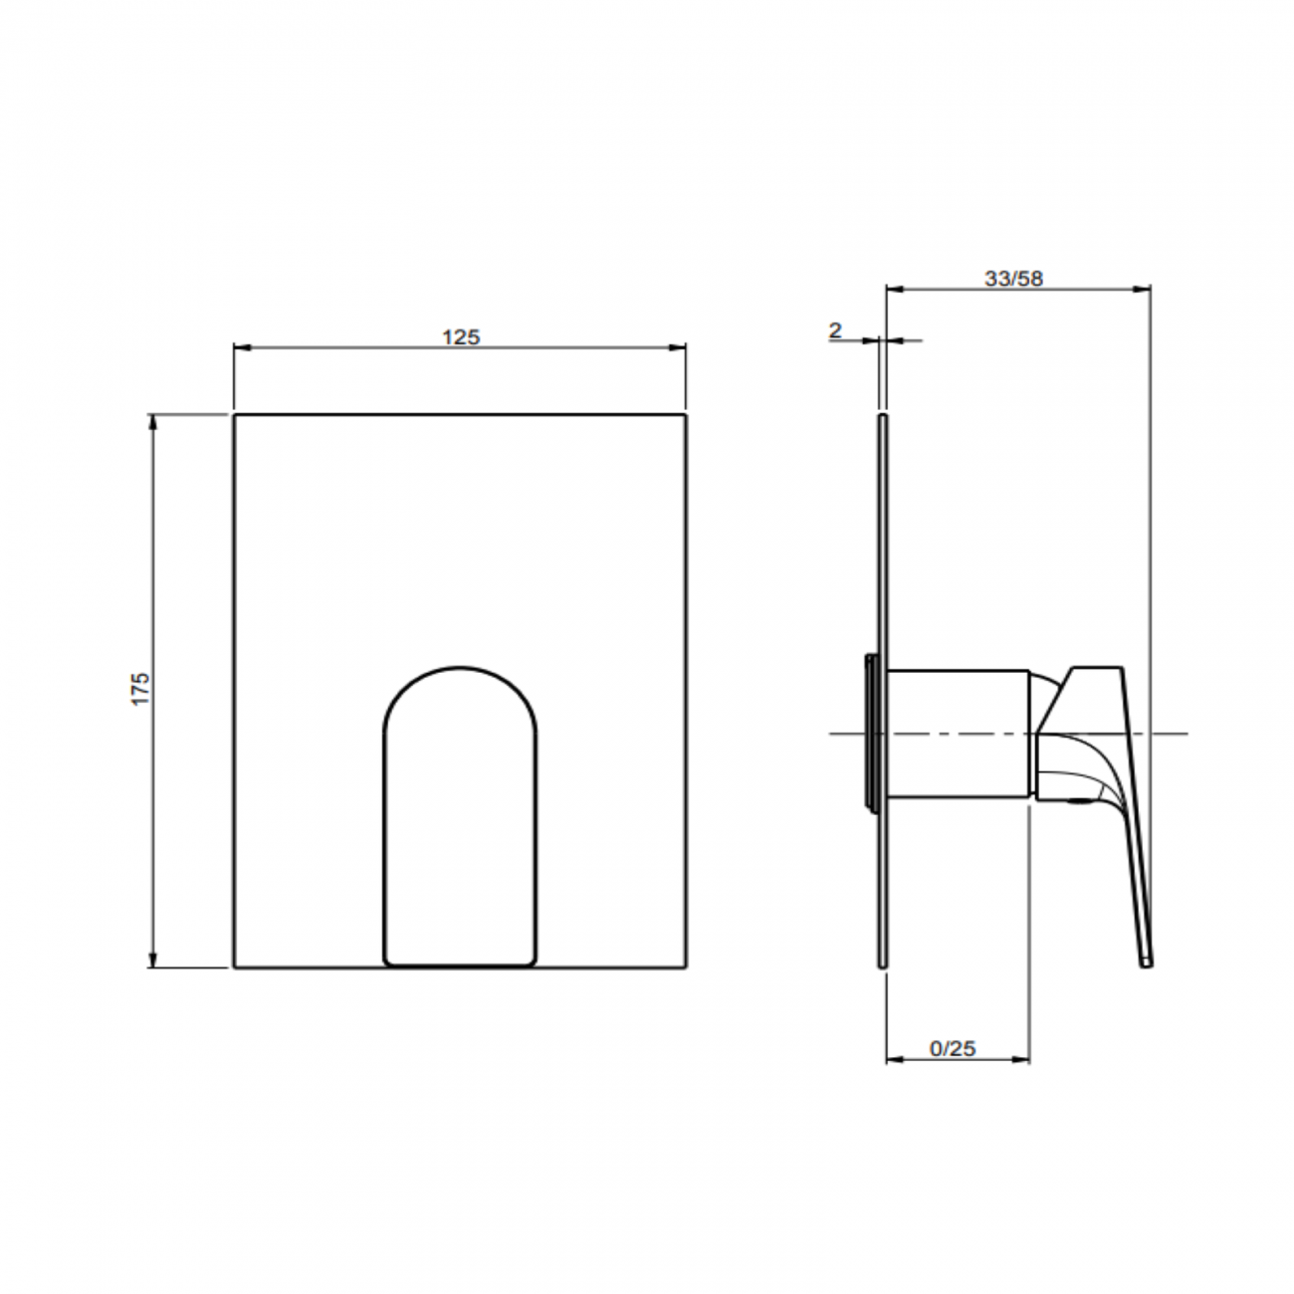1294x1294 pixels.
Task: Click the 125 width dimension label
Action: [x=460, y=337]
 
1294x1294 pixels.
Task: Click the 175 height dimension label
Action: [x=140, y=689]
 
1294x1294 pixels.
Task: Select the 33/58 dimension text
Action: [x=1013, y=279]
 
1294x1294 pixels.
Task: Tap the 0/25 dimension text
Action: [x=953, y=1048]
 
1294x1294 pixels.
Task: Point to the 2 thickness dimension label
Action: [x=835, y=330]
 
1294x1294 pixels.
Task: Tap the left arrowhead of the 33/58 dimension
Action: [x=893, y=290]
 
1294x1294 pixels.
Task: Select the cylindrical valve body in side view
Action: [x=957, y=734]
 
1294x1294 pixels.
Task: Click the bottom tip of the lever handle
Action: [x=1147, y=963]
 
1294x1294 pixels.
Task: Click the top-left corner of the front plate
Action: [x=235, y=415]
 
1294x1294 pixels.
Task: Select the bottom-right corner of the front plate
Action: [x=685, y=967]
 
